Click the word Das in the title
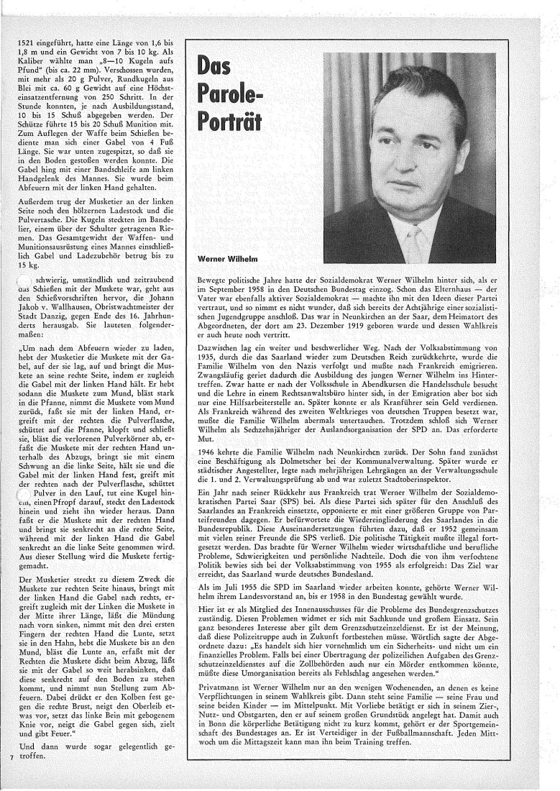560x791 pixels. click(224, 69)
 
